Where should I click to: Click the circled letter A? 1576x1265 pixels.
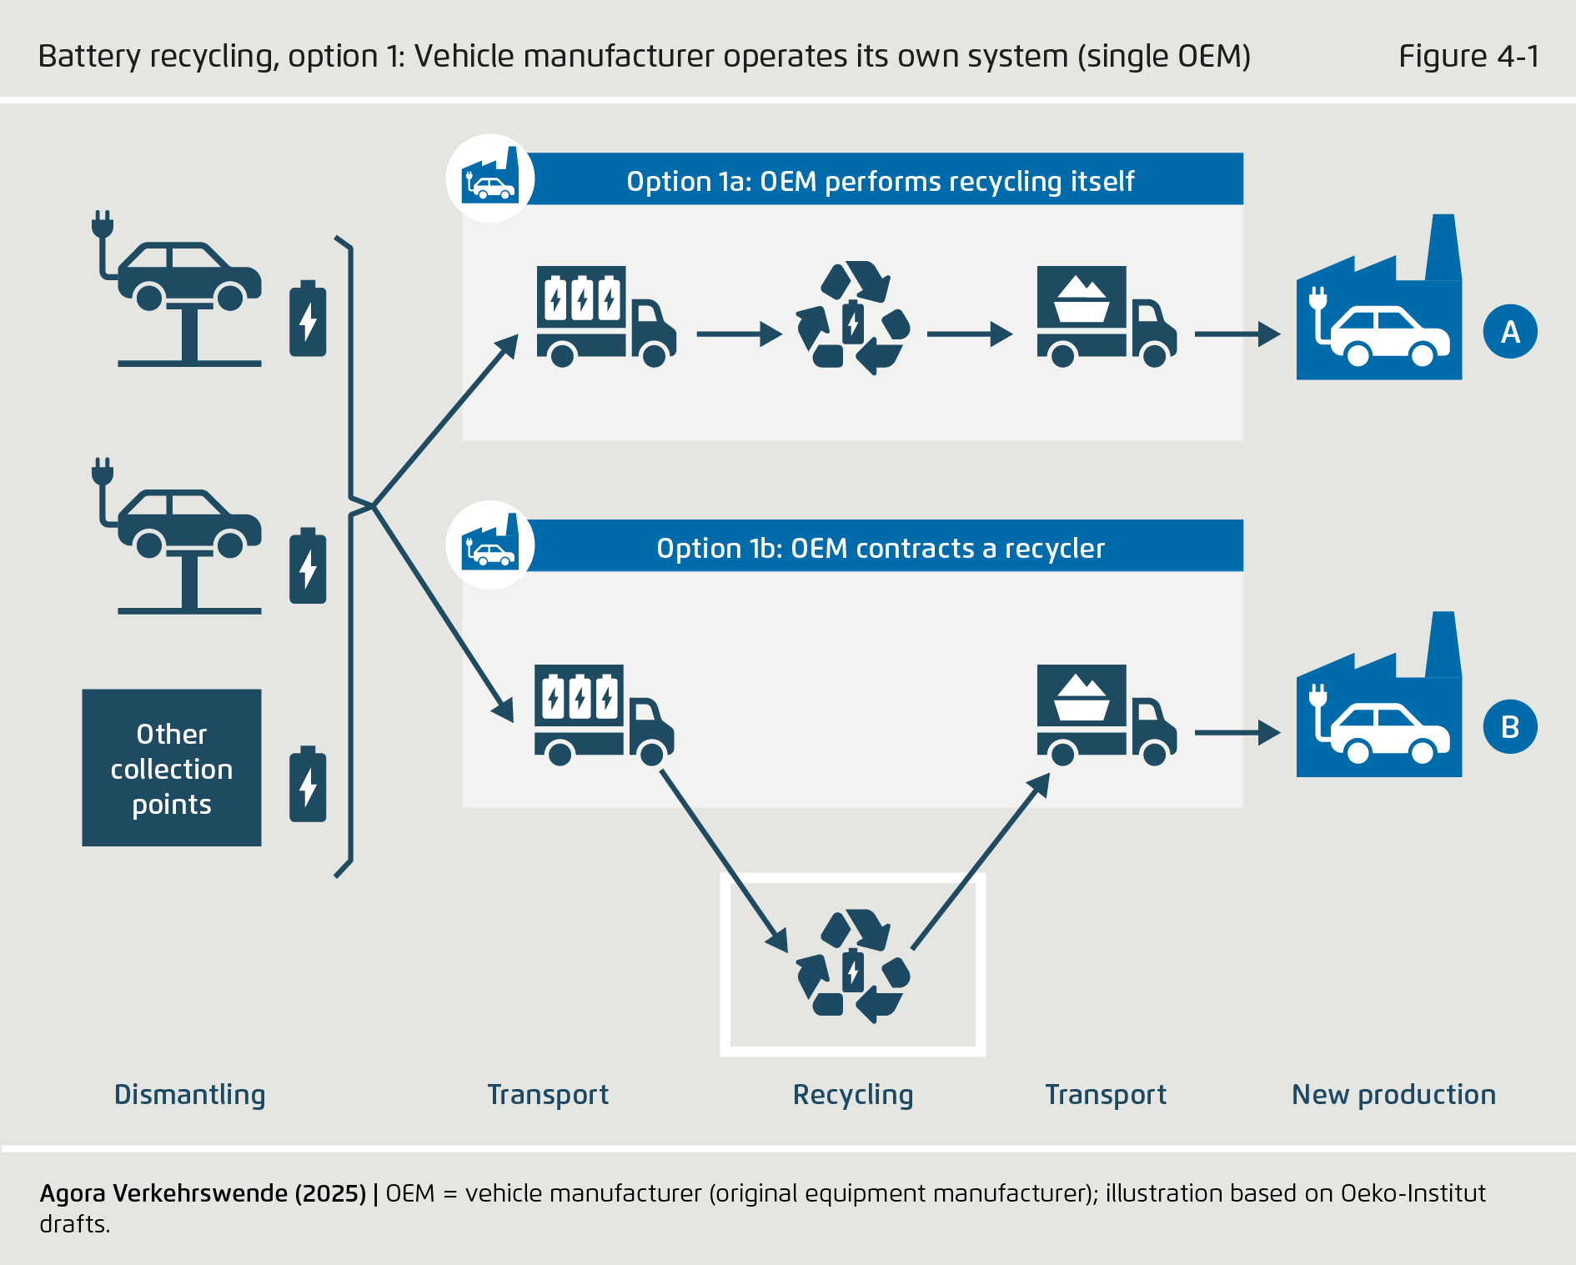pyautogui.click(x=1510, y=332)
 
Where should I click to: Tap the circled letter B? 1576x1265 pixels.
pyautogui.click(x=1510, y=727)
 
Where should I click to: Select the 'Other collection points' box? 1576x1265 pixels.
pyautogui.click(x=172, y=768)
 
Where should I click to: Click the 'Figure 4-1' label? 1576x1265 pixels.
pyautogui.click(x=1468, y=56)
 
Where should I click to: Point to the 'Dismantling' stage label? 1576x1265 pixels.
pyautogui.click(x=189, y=1094)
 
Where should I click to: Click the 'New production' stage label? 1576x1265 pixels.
pyautogui.click(x=1393, y=1094)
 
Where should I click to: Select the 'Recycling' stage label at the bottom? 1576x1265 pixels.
pyautogui.click(x=852, y=1094)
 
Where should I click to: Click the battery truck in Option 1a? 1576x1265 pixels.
pyautogui.click(x=605, y=317)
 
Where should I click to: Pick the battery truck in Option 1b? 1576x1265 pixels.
pyautogui.click(x=603, y=715)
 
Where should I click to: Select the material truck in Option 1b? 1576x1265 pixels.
pyautogui.click(x=1106, y=715)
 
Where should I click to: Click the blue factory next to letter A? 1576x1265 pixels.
pyautogui.click(x=1378, y=313)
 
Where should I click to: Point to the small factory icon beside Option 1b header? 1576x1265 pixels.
pyautogui.click(x=490, y=545)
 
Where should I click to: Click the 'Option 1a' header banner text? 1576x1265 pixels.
pyautogui.click(x=880, y=181)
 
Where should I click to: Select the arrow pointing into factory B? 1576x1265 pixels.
pyautogui.click(x=1237, y=733)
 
